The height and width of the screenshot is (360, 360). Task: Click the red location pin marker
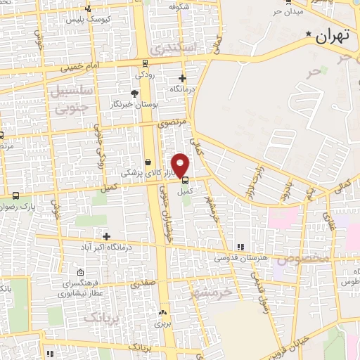pyautogui.click(x=181, y=165)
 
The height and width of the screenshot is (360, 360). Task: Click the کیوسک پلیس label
pyautogui.click(x=85, y=20)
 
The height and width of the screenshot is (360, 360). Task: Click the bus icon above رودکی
pyautogui.click(x=145, y=62)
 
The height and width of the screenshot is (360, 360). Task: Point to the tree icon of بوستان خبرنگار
pyautogui.click(x=135, y=93)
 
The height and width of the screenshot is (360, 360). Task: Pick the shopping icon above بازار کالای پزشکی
pyautogui.click(x=148, y=161)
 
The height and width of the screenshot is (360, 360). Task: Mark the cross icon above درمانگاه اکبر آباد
pyautogui.click(x=106, y=236)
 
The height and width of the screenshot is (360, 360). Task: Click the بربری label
pyautogui.click(x=163, y=324)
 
